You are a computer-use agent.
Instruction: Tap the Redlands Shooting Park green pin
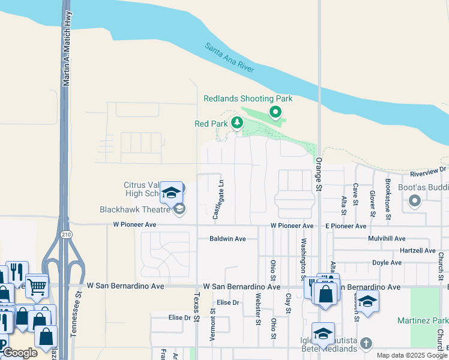coord(276,112)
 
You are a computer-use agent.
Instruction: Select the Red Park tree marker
coord(237,123)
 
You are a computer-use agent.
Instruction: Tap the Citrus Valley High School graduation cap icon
coord(172,193)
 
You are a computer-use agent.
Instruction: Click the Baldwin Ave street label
coord(228,239)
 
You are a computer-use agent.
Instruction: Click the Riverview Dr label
coord(429,172)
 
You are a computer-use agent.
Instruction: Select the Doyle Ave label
coord(387,263)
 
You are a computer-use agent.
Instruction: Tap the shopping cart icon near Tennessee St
coord(37,286)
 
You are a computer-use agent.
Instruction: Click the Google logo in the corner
coord(20,353)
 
